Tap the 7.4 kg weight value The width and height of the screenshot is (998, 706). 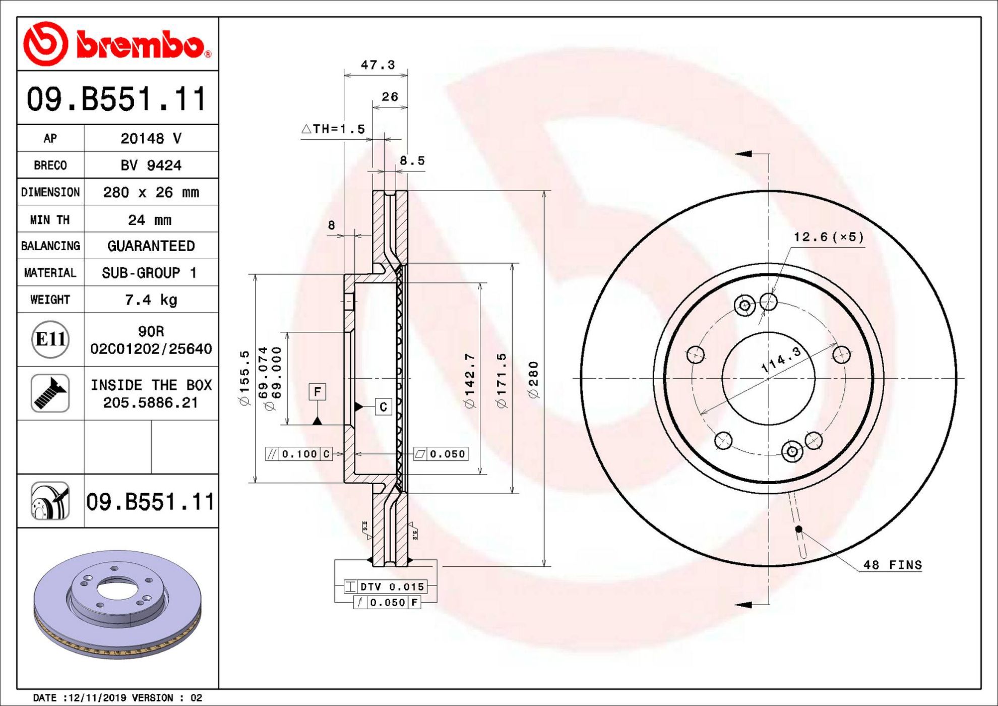pos(151,300)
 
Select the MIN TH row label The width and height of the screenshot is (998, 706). pos(50,220)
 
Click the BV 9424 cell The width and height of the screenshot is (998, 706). pos(151,165)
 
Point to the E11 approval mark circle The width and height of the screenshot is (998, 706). pos(50,339)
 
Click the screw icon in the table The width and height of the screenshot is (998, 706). pos(50,393)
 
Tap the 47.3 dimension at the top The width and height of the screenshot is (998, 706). pos(378,65)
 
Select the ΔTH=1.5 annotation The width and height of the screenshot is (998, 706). pos(333,129)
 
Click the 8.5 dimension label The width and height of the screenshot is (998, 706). pos(412,161)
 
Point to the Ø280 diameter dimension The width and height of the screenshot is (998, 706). pos(533,379)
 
